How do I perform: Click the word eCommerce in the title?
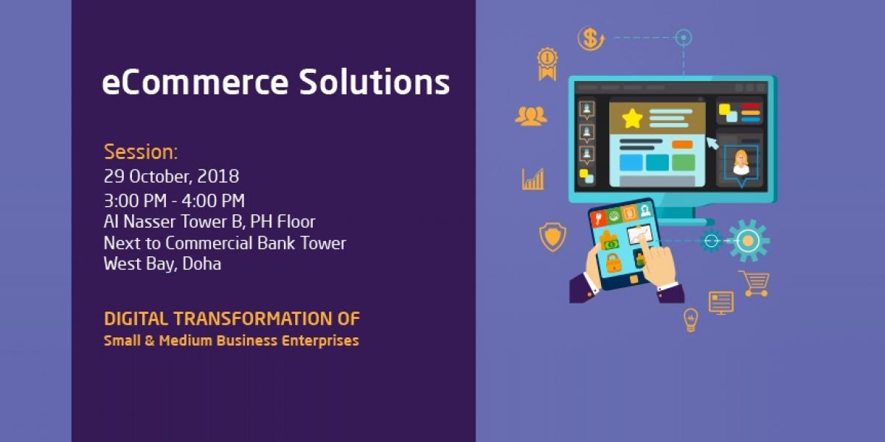[195, 82]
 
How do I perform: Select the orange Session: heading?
[141, 152]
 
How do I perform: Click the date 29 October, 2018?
[171, 176]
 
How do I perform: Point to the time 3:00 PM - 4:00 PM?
[174, 201]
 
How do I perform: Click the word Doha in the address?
[201, 264]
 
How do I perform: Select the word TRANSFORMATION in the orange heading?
[253, 319]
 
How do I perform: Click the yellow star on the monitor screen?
[632, 119]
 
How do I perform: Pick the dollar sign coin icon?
[591, 38]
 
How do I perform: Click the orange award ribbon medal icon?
[547, 64]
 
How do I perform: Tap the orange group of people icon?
[531, 116]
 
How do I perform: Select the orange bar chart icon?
[532, 180]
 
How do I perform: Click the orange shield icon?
[552, 236]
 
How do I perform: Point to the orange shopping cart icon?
[754, 284]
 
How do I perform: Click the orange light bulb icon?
[690, 320]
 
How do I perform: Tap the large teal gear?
[748, 241]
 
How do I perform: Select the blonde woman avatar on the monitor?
[741, 163]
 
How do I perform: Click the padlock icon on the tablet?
[613, 263]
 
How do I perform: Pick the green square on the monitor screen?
[683, 163]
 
